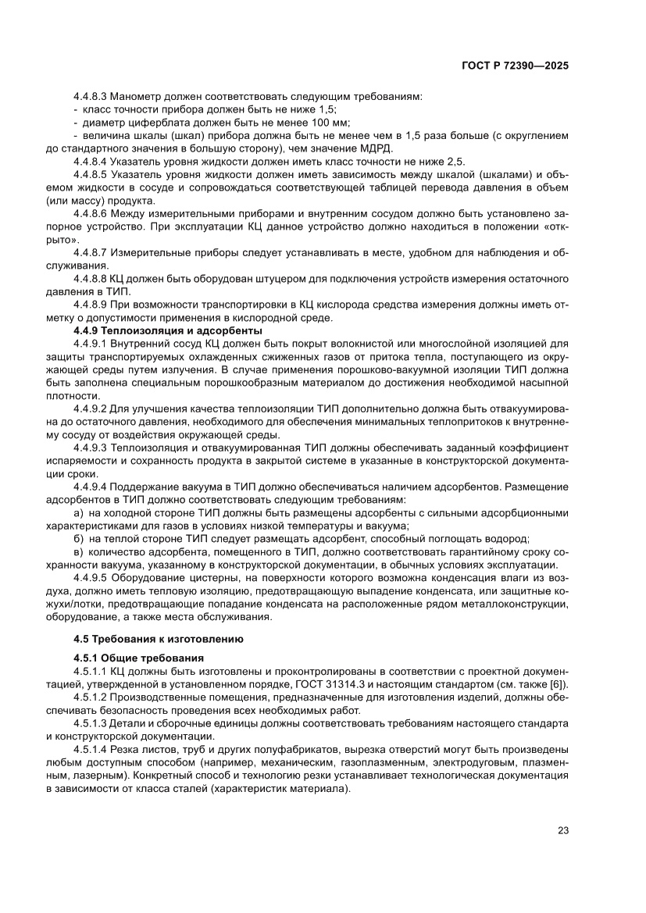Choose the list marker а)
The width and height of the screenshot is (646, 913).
point(78,512)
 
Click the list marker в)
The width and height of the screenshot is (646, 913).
point(78,551)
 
